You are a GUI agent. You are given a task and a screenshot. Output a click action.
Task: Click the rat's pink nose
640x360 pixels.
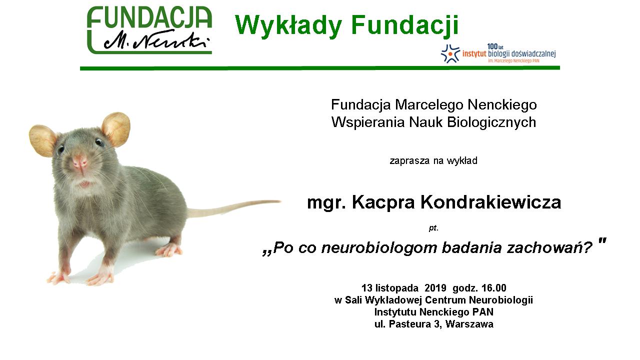pyautogui.click(x=79, y=162)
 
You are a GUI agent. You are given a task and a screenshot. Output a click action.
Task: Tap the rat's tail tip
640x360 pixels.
pyautogui.click(x=280, y=201)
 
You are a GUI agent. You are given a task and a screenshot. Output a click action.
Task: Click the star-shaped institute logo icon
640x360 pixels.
pyautogui.click(x=450, y=53)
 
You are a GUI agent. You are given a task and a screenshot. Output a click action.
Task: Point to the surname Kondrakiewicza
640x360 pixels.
pyautogui.click(x=491, y=202)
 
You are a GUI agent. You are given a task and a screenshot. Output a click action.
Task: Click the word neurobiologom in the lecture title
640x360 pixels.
pyautogui.click(x=379, y=247)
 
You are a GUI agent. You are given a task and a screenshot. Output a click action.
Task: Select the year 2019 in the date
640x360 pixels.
pyautogui.click(x=435, y=287)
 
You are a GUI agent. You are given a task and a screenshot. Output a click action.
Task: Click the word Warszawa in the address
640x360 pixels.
pyautogui.click(x=469, y=324)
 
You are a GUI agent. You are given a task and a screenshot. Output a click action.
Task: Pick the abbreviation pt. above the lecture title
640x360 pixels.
pyautogui.click(x=433, y=228)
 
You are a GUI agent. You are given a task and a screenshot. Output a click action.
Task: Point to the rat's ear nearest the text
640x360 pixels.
pyautogui.click(x=116, y=129)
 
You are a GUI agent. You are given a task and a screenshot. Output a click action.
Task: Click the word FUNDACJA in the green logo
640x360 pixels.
pyautogui.click(x=149, y=17)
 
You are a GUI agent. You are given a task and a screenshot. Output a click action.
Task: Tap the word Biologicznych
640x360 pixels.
pyautogui.click(x=491, y=122)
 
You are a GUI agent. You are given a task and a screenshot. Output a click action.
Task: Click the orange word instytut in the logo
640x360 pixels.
pyautogui.click(x=474, y=53)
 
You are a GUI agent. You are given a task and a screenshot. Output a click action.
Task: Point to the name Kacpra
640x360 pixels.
pyautogui.click(x=383, y=202)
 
